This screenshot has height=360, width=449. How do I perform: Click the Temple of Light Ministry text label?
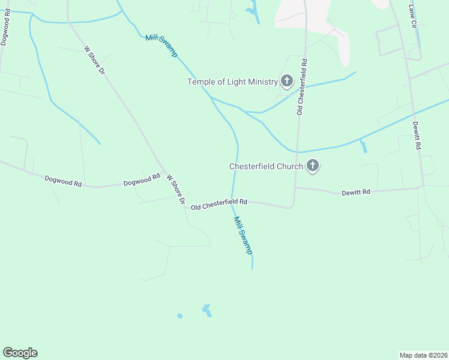[x=232, y=82]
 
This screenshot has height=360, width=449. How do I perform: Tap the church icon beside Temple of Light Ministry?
[x=287, y=81]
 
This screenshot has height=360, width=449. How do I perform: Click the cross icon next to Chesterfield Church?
[x=312, y=166]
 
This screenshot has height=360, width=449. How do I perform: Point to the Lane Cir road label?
[x=412, y=17]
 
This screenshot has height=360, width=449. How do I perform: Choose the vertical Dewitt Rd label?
[x=417, y=136]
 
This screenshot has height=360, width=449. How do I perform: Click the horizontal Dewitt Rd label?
[x=356, y=192]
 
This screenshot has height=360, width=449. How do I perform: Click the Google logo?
[x=20, y=353]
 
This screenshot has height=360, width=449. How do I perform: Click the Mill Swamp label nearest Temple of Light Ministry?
[x=161, y=46]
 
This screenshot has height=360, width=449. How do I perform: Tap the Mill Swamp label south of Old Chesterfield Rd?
[x=243, y=235]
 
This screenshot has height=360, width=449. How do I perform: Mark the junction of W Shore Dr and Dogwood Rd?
[x=162, y=171]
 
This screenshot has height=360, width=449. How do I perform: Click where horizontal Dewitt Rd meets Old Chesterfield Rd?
[x=294, y=188]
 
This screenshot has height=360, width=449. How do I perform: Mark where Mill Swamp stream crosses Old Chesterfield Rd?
[x=233, y=202]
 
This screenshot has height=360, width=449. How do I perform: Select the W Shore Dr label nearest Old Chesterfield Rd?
[x=176, y=190]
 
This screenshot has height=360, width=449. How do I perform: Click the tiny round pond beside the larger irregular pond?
[x=179, y=316]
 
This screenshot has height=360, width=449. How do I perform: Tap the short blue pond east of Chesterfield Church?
[x=363, y=146]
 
